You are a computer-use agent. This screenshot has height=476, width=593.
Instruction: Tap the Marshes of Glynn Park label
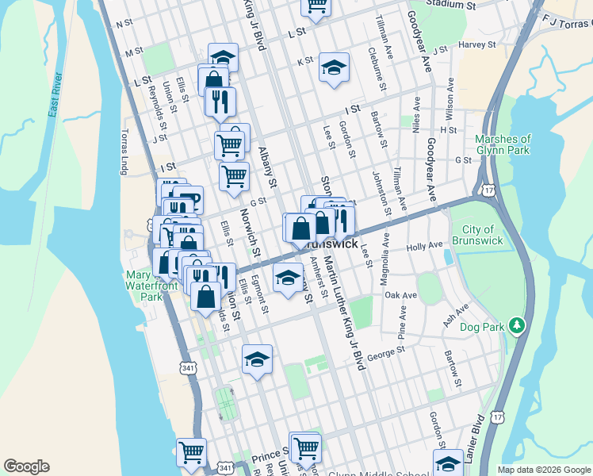click(x=503, y=144)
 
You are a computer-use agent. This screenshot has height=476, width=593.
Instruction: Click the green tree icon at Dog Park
click(x=517, y=325)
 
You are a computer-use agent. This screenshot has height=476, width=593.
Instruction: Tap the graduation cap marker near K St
click(x=334, y=67)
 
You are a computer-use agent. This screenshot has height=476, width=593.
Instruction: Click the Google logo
click(x=26, y=466)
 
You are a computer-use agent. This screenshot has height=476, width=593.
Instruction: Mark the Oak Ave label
click(x=400, y=295)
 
